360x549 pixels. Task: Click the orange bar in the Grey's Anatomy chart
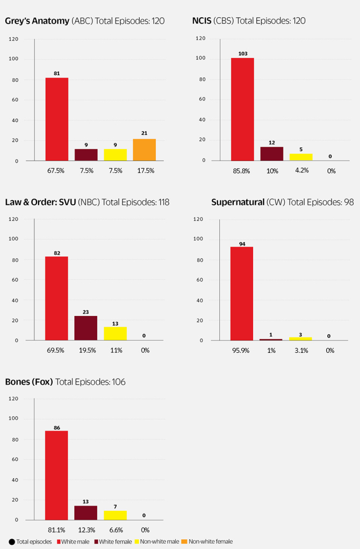pos(144,149)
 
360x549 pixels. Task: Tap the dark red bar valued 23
pos(86,328)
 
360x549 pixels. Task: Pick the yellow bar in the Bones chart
pos(115,515)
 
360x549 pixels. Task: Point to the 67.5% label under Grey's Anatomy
pos(57,171)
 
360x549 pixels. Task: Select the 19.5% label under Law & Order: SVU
pos(86,350)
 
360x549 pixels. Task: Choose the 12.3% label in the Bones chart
pos(86,530)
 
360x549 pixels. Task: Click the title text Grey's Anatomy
pos(37,21)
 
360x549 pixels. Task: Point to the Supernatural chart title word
pos(237,202)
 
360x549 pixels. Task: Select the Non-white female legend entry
pos(211,541)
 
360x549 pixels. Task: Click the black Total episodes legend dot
pos(11,541)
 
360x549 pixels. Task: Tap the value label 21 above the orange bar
pos(144,133)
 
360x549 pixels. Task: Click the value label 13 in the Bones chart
pos(86,501)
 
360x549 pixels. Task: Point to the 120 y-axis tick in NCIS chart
pos(200,39)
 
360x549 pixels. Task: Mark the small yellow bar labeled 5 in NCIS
pos(301,157)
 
